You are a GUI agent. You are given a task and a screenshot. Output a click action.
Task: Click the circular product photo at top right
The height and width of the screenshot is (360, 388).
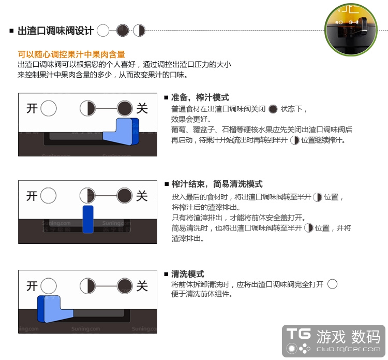pyautogui.click(x=351, y=30)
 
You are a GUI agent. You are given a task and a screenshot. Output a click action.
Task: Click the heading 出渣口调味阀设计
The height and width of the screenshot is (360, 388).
pyautogui.click(x=56, y=31)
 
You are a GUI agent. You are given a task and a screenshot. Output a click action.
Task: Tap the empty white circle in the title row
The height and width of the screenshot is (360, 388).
pyautogui.click(x=103, y=31)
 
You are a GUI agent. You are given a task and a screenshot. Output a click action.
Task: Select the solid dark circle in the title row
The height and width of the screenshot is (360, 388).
pyautogui.click(x=123, y=31)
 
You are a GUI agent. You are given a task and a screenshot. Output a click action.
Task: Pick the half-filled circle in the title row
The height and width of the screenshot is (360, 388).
pyautogui.click(x=139, y=31)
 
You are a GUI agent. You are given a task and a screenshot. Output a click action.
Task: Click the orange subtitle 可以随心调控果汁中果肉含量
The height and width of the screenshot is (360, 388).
pyautogui.click(x=71, y=54)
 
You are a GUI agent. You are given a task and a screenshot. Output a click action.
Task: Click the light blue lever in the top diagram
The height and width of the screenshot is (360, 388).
pyautogui.click(x=118, y=132)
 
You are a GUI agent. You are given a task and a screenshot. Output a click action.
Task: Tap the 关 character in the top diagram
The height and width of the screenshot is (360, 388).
pyautogui.click(x=142, y=109)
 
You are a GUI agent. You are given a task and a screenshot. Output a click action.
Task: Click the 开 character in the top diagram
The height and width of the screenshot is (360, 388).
pyautogui.click(x=32, y=109)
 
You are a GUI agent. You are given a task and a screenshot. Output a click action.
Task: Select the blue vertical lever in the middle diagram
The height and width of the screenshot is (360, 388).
pyautogui.click(x=88, y=219)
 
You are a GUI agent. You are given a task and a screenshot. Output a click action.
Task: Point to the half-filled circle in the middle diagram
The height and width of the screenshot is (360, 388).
pyautogui.click(x=87, y=195)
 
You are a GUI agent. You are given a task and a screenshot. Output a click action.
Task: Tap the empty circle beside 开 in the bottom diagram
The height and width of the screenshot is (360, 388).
pyautogui.click(x=49, y=286)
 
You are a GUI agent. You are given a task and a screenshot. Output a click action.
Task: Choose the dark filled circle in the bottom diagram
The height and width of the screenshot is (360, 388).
pyautogui.click(x=125, y=286)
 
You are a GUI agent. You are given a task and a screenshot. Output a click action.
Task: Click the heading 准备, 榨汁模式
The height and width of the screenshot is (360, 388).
pyautogui.click(x=200, y=97)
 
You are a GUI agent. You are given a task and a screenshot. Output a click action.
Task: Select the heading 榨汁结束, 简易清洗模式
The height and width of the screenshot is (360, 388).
pyautogui.click(x=217, y=184)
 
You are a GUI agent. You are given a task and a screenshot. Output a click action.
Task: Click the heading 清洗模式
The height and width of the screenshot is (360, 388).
pyautogui.click(x=188, y=274)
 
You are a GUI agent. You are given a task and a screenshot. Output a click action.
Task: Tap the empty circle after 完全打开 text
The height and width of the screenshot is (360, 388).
pyautogui.click(x=332, y=284)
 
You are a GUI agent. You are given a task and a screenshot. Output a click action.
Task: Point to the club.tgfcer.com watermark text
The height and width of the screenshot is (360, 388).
pyautogui.click(x=348, y=349)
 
